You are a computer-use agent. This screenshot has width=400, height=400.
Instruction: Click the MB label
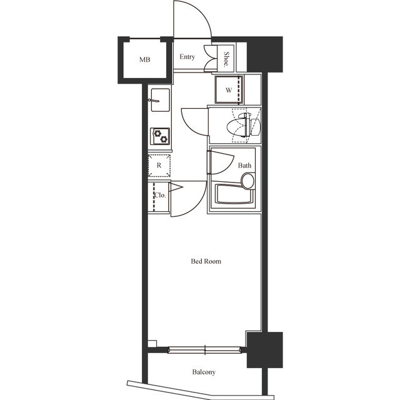coord(144,60)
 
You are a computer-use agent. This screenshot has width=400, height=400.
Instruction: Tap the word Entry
coord(187,57)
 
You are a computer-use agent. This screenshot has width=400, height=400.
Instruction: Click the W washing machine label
coord(229,90)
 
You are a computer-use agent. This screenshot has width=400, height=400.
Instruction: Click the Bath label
coord(244,166)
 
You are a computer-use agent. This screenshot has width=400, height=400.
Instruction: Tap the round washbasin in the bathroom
coord(248,181)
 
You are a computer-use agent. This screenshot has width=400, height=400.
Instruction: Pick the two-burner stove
coord(160,136)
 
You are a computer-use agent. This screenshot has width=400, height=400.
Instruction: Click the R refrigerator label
coord(159,166)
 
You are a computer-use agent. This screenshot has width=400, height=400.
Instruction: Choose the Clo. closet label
coord(159,195)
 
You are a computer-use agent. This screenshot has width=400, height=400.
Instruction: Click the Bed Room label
coord(206,261)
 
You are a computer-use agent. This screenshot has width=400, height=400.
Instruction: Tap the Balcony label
coord(204,372)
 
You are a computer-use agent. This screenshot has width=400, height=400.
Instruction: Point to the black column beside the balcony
coord(264,350)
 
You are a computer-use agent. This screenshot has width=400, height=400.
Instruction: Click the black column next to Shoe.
coord(264,54)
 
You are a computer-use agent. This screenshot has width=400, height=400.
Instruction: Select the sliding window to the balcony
coord(205,349)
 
